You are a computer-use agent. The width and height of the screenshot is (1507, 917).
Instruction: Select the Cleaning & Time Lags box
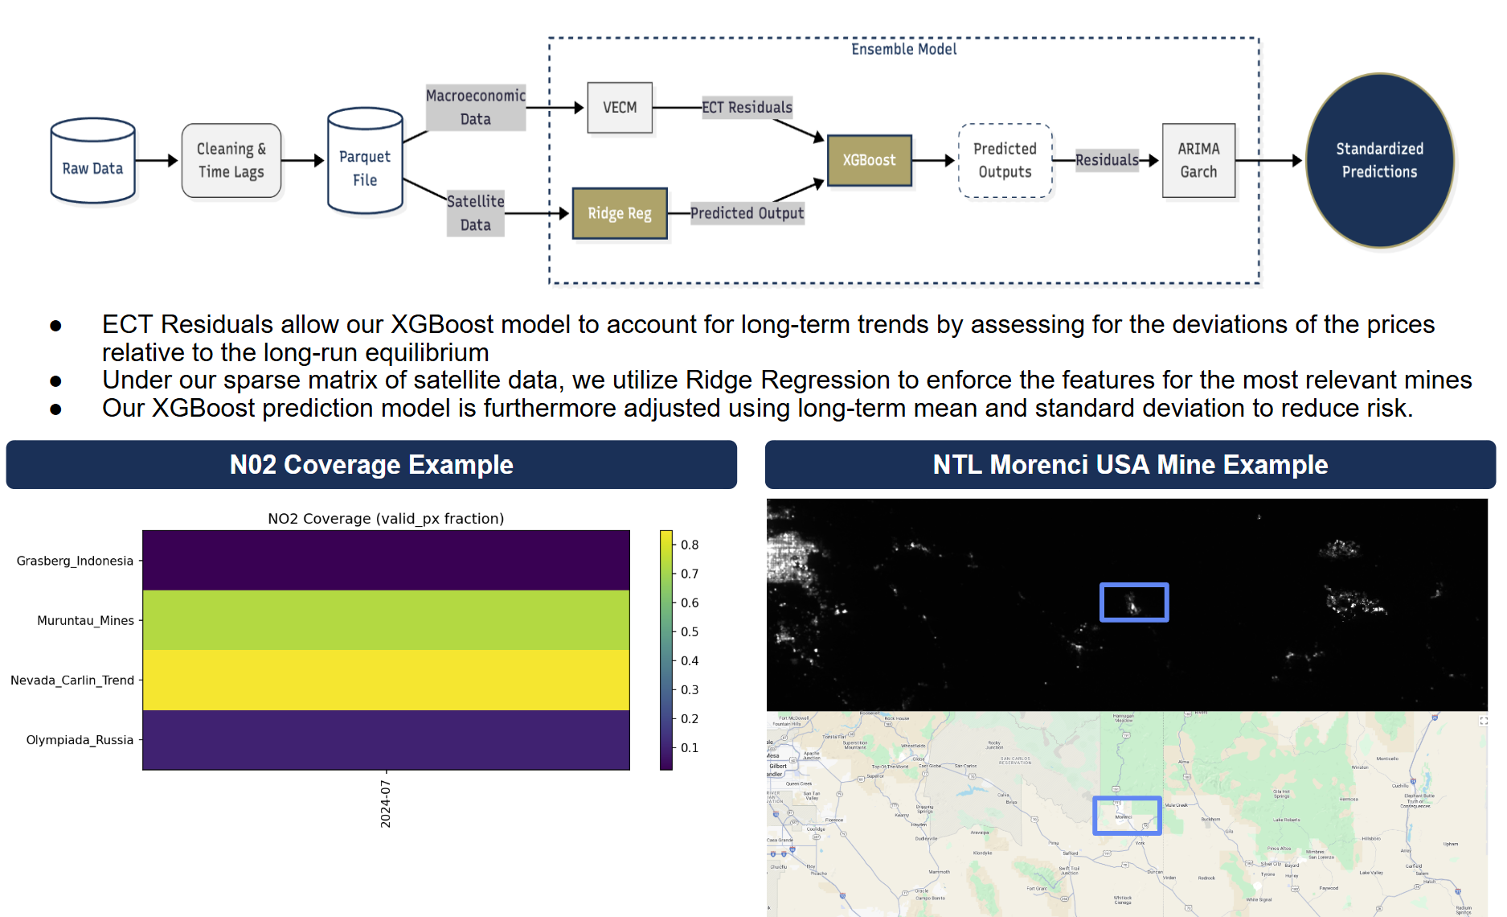231,160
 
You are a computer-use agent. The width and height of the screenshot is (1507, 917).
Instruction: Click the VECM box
620,108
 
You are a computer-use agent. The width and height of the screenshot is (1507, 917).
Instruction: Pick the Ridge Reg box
620,213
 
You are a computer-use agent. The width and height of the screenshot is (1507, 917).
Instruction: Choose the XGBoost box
869,160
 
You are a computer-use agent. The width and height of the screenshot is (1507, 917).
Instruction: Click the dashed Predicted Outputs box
1005,160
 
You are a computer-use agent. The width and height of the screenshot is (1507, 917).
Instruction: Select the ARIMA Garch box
1198,160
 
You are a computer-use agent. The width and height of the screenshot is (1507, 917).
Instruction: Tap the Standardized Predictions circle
1379,160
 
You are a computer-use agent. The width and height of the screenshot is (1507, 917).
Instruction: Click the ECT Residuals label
747,108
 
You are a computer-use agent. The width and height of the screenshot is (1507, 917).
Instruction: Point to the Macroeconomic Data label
476,107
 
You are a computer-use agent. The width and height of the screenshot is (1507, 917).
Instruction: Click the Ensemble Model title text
903,49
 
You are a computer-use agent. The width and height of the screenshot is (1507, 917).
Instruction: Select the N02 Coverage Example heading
371,465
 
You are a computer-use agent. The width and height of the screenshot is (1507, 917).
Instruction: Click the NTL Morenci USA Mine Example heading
1130,465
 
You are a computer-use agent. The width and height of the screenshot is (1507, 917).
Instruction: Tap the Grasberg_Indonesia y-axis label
75,561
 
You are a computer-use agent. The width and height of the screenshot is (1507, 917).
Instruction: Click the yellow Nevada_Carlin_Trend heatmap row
386,680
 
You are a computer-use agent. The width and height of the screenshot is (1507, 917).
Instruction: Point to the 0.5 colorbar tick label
690,631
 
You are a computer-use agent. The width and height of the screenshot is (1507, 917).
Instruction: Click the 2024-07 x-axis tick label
386,804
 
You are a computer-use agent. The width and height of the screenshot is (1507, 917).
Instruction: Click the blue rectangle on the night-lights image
1133,602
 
